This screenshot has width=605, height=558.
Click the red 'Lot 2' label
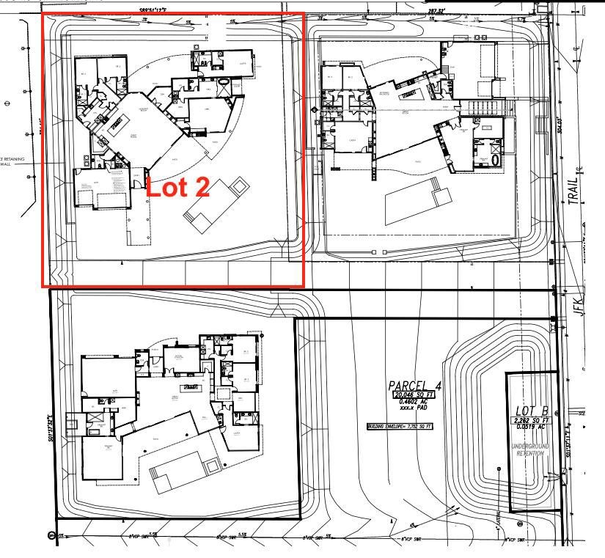(179, 187)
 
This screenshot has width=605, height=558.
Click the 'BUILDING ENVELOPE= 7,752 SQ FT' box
(400, 426)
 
